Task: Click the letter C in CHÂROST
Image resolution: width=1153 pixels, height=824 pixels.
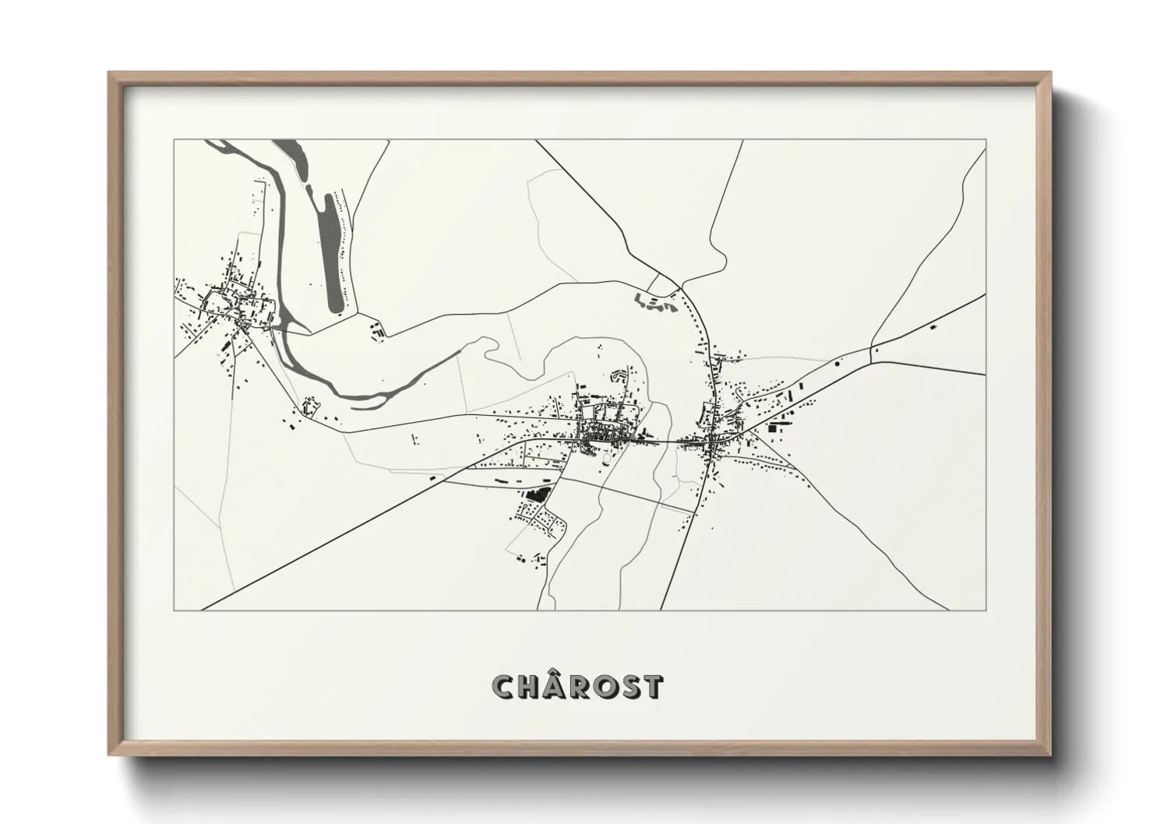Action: pyautogui.click(x=504, y=687)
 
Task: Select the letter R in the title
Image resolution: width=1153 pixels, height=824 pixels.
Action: pyautogui.click(x=583, y=687)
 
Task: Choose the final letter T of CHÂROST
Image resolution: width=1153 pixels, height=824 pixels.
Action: pyautogui.click(x=653, y=687)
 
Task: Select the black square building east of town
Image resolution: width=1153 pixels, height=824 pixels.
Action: pyautogui.click(x=774, y=427)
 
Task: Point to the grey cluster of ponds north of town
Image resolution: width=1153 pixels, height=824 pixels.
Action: pyautogui.click(x=656, y=305)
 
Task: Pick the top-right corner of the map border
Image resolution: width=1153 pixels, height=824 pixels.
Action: pyautogui.click(x=986, y=140)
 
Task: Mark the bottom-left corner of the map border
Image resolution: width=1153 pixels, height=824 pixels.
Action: pyautogui.click(x=175, y=610)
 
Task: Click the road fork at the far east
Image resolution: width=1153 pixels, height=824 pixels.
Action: pyautogui.click(x=871, y=345)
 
